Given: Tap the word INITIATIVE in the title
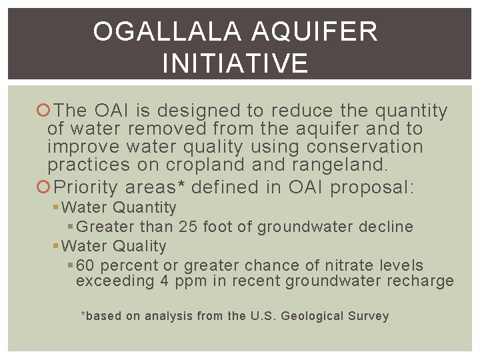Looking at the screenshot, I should pos(235,64).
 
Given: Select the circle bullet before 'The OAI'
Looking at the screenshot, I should pos(45,111).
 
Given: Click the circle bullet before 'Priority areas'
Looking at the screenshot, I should pos(45,187).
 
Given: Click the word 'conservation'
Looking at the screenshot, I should pos(365,147).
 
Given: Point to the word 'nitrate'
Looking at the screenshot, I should pos(352,266).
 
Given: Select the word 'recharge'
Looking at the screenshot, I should pos(420,281).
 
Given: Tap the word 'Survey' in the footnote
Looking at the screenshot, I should pos(369,317).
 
